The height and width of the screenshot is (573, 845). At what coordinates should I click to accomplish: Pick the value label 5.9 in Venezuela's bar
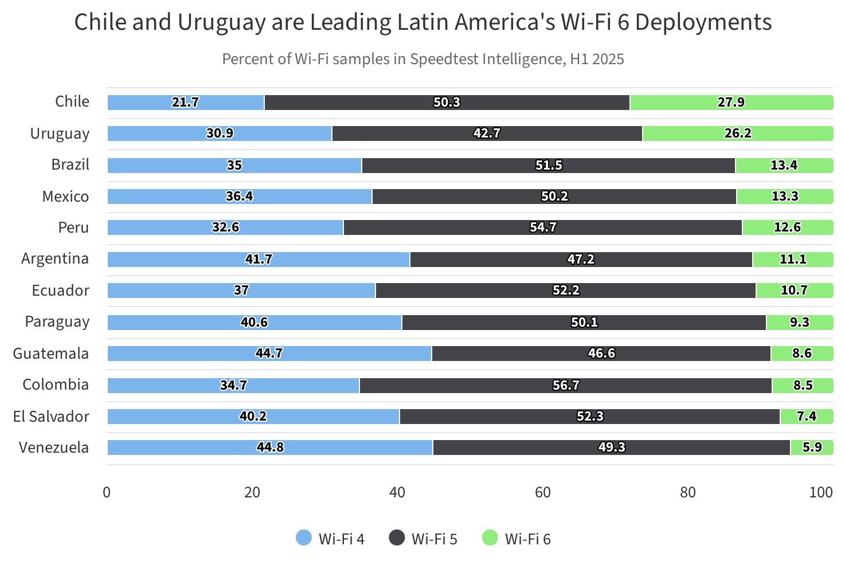pyautogui.click(x=812, y=448)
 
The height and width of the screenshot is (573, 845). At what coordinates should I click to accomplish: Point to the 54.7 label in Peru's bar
pyautogui.click(x=543, y=227)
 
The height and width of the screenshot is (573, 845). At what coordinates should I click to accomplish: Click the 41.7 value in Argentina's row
pyautogui.click(x=259, y=260)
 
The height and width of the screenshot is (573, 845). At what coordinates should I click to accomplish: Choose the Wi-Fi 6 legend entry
pyautogui.click(x=516, y=539)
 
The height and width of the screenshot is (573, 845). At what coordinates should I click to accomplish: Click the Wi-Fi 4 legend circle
pyautogui.click(x=304, y=538)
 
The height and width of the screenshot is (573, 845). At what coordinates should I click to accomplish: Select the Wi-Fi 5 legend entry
pyautogui.click(x=423, y=539)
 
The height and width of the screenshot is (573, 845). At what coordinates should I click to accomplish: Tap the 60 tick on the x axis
pyautogui.click(x=542, y=492)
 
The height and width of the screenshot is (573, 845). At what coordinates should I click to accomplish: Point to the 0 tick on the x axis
pyautogui.click(x=107, y=492)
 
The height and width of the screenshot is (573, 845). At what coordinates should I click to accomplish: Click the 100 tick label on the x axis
pyautogui.click(x=821, y=492)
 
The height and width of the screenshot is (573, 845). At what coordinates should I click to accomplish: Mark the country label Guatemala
pyautogui.click(x=51, y=354)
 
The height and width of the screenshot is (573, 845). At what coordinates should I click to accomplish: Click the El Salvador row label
pyautogui.click(x=51, y=417)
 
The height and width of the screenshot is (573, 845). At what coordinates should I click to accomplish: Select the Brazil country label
pyautogui.click(x=71, y=165)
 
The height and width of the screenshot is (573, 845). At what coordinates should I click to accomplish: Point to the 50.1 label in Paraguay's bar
pyautogui.click(x=584, y=323)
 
